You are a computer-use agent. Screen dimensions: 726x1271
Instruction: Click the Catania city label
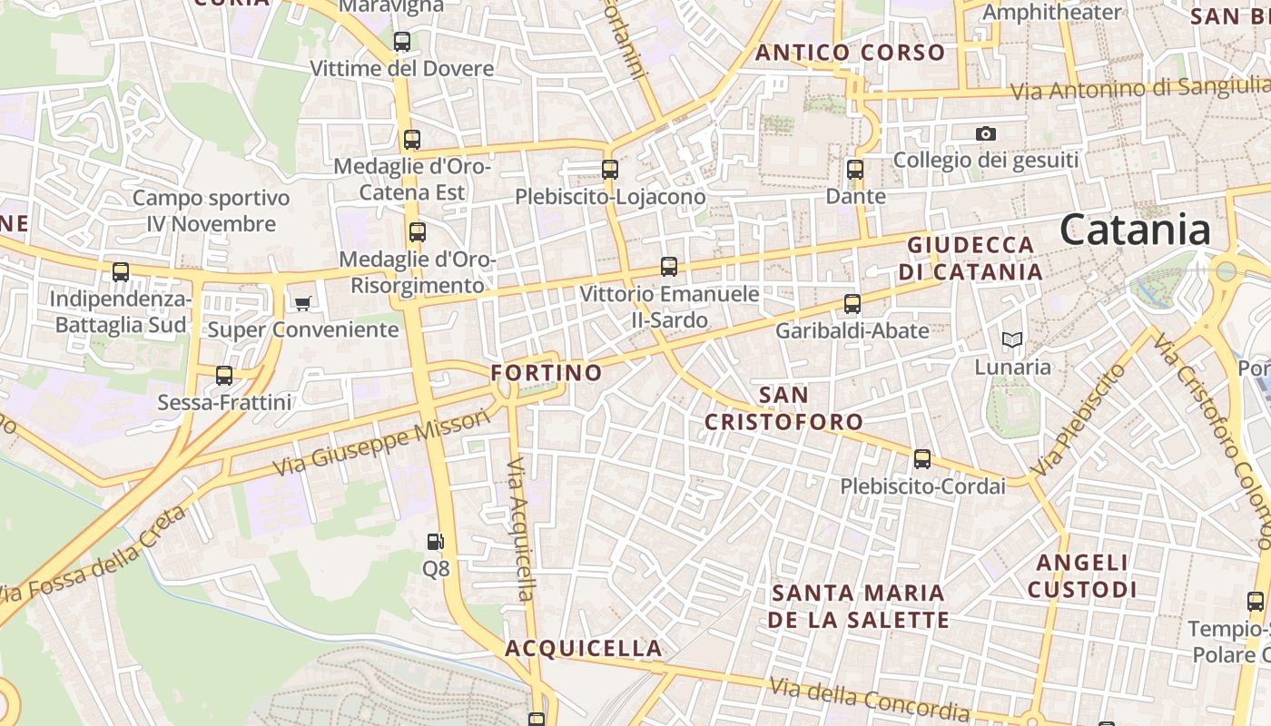tap(1135, 230)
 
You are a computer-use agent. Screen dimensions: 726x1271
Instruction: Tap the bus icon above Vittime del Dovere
tap(402, 41)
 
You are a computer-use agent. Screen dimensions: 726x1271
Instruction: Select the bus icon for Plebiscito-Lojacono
tap(610, 169)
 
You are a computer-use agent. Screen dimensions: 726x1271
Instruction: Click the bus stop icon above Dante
tap(854, 169)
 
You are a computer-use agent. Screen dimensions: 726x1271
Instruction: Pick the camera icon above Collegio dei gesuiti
tap(986, 133)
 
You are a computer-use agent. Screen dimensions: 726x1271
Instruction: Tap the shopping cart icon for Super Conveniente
tap(302, 302)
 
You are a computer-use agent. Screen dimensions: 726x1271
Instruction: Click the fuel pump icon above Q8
tap(436, 542)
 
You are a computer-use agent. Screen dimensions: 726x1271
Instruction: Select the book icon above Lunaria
tap(1012, 340)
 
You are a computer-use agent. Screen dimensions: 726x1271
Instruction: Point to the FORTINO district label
tap(547, 372)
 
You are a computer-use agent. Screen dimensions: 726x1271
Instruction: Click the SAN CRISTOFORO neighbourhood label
tap(783, 408)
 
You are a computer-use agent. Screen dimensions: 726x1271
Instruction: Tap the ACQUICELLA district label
tap(584, 648)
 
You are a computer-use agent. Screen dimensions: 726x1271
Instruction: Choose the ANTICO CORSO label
tap(851, 53)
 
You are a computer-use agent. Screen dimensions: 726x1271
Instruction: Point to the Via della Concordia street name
tap(870, 698)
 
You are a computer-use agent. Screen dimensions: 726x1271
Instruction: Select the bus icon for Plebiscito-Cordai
tap(922, 459)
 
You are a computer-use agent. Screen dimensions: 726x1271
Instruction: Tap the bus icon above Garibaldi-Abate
tap(852, 303)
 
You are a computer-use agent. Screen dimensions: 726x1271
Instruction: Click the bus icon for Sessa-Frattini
tap(224, 375)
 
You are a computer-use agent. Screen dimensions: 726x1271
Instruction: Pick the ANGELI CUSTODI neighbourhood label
tap(1081, 576)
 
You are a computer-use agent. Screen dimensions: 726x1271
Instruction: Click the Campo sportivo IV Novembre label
tap(212, 211)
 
